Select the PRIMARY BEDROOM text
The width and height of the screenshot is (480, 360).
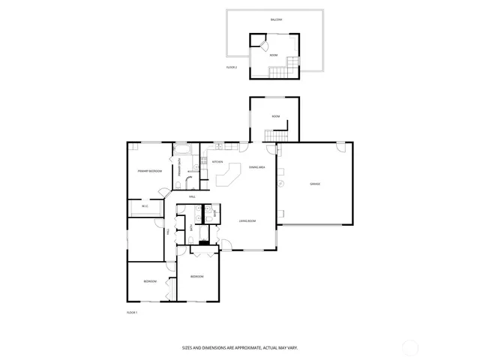coord(150,171)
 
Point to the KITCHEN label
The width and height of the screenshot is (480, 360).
coord(217,162)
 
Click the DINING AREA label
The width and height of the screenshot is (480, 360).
coord(257,166)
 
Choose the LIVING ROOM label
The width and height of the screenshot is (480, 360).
coord(248,221)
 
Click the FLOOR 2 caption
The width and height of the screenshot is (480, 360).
coord(232,67)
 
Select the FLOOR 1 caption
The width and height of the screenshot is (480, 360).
coord(131,312)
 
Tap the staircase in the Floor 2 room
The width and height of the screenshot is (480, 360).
coord(280,72)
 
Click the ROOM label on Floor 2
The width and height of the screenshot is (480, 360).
coord(274,55)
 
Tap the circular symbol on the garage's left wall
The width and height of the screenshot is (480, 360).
coord(280,183)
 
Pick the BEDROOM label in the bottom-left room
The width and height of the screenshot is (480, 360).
coord(151,281)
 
